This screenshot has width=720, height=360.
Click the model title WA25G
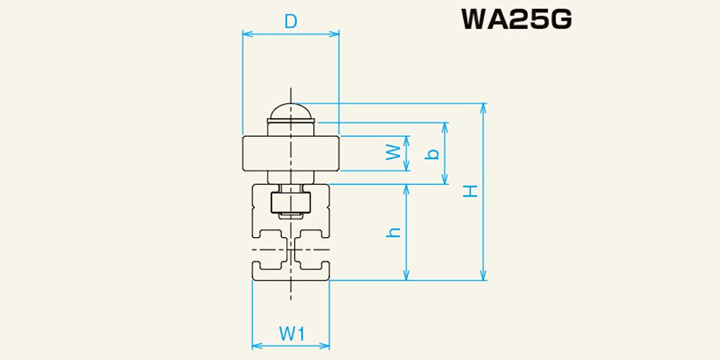(x=517, y=19)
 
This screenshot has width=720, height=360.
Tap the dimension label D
(x=290, y=22)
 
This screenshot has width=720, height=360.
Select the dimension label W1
(x=292, y=334)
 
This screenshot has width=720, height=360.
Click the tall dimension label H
(x=470, y=191)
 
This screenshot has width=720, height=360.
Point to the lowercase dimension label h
(x=394, y=232)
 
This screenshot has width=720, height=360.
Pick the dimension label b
(x=431, y=154)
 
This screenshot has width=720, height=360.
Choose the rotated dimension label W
(x=394, y=152)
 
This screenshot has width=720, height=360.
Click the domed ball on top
(x=290, y=111)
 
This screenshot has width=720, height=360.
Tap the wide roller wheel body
(x=290, y=154)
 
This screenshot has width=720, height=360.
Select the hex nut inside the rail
(x=290, y=203)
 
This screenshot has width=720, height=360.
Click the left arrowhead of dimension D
(x=247, y=34)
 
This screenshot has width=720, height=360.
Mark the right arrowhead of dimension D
(x=334, y=34)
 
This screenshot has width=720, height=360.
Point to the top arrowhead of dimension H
(x=483, y=109)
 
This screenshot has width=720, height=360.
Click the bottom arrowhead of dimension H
(x=483, y=275)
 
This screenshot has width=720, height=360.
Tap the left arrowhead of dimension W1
(x=257, y=346)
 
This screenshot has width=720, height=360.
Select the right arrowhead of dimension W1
(x=325, y=346)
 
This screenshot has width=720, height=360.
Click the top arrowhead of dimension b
(x=445, y=128)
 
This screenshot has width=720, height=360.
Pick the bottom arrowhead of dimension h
(x=406, y=275)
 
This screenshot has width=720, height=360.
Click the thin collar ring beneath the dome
(x=290, y=121)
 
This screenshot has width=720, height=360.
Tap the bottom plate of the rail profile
(x=290, y=275)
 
